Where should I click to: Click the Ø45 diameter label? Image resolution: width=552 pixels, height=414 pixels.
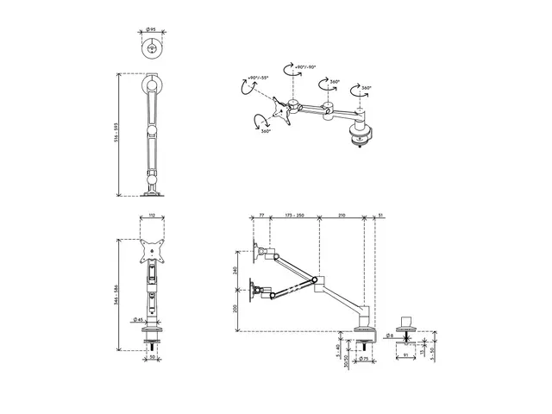point(138,319)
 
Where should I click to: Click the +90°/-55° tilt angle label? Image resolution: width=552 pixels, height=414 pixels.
point(257,78)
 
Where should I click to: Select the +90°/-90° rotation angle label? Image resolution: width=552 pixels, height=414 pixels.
point(305,66)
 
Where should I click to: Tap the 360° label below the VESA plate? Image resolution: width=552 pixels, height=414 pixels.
point(266,131)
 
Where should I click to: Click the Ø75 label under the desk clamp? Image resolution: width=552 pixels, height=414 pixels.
point(366,358)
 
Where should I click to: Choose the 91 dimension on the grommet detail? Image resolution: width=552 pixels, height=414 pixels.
point(405,354)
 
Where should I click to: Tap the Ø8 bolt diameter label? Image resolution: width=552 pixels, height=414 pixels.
point(391,335)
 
